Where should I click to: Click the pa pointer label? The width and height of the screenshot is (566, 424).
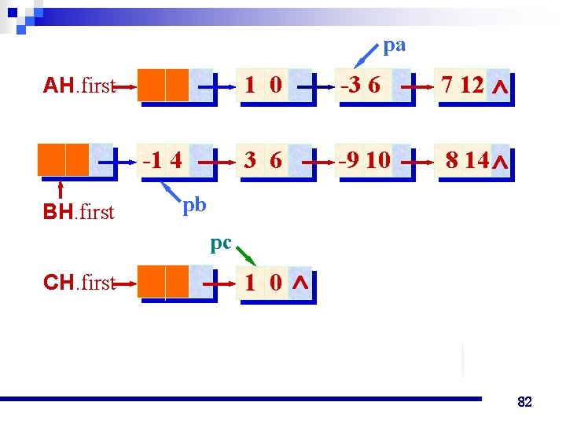click(x=395, y=46)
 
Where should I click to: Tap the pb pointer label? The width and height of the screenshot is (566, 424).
click(x=194, y=205)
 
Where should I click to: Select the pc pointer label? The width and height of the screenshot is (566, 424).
click(x=221, y=243)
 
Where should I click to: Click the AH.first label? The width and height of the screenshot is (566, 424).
click(x=79, y=86)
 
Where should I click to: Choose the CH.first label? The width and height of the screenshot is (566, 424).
click(x=79, y=283)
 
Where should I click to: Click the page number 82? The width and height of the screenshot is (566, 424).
click(x=524, y=402)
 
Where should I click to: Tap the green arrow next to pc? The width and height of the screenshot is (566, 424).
click(x=246, y=257)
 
